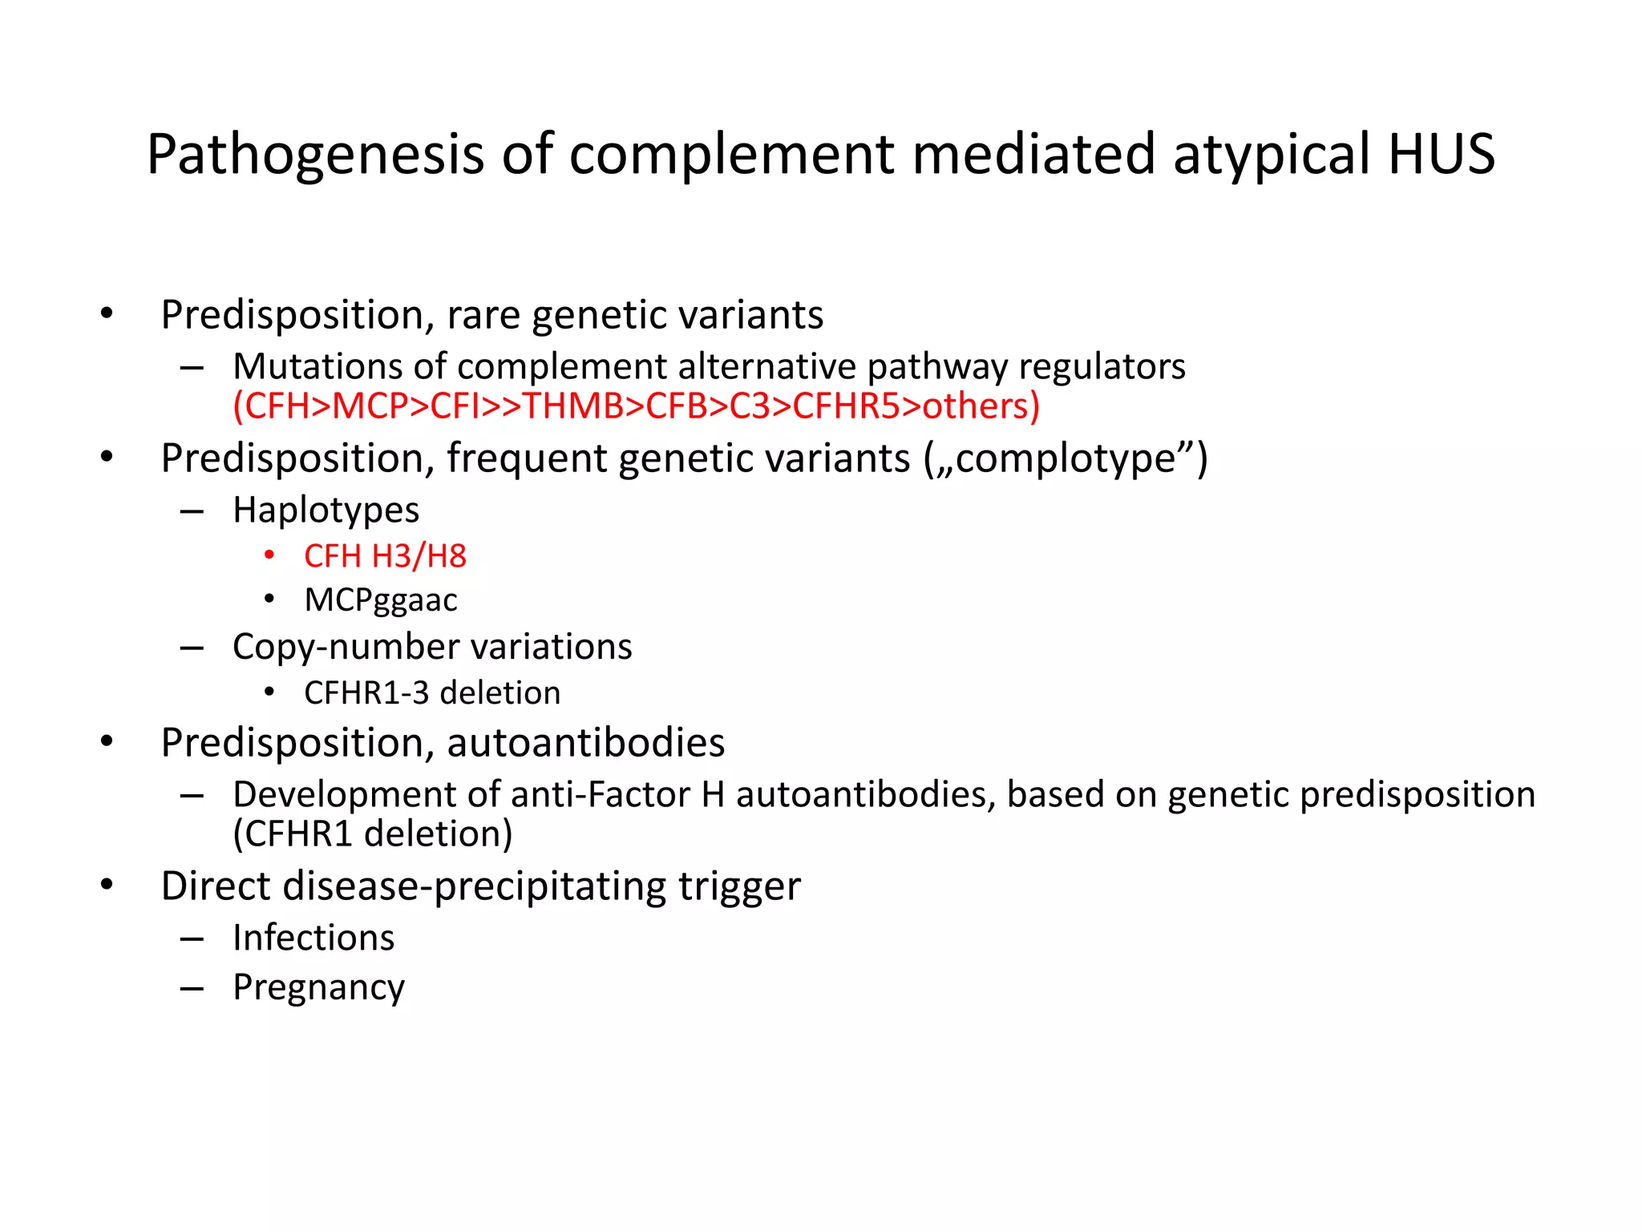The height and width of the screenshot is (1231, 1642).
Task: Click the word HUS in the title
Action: (x=1441, y=154)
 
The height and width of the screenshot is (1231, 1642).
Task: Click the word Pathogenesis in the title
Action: (x=315, y=154)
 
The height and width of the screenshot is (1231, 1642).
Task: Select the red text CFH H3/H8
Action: (x=385, y=556)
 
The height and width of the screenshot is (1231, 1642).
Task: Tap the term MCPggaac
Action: (x=381, y=600)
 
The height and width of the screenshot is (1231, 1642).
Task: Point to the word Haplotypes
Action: (x=326, y=510)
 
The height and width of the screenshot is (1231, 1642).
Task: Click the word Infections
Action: (x=313, y=938)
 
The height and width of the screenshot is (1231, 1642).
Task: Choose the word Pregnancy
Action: (x=318, y=987)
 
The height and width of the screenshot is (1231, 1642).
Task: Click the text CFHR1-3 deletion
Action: (x=432, y=693)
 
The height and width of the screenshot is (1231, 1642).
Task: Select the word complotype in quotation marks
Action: (x=1066, y=458)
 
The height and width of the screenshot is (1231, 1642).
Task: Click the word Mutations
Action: (x=317, y=367)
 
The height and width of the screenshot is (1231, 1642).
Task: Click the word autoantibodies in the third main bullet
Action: (x=585, y=743)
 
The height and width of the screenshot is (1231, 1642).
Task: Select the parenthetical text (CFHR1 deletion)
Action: (x=373, y=834)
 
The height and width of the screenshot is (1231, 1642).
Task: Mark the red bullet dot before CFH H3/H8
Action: (x=270, y=555)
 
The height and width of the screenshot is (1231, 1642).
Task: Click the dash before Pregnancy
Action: (x=192, y=988)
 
